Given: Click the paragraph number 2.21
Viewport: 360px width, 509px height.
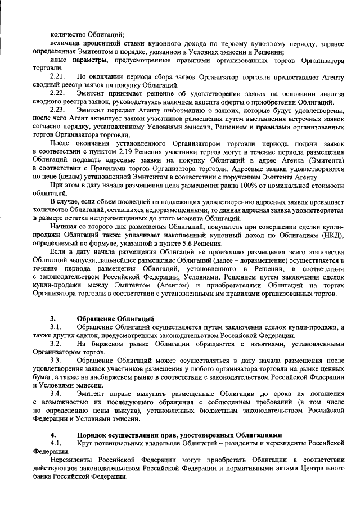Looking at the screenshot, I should [x=57, y=75].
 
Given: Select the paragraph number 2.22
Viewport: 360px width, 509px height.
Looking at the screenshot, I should [x=57, y=92].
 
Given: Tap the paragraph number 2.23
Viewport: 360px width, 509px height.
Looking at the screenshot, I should [x=57, y=108].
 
